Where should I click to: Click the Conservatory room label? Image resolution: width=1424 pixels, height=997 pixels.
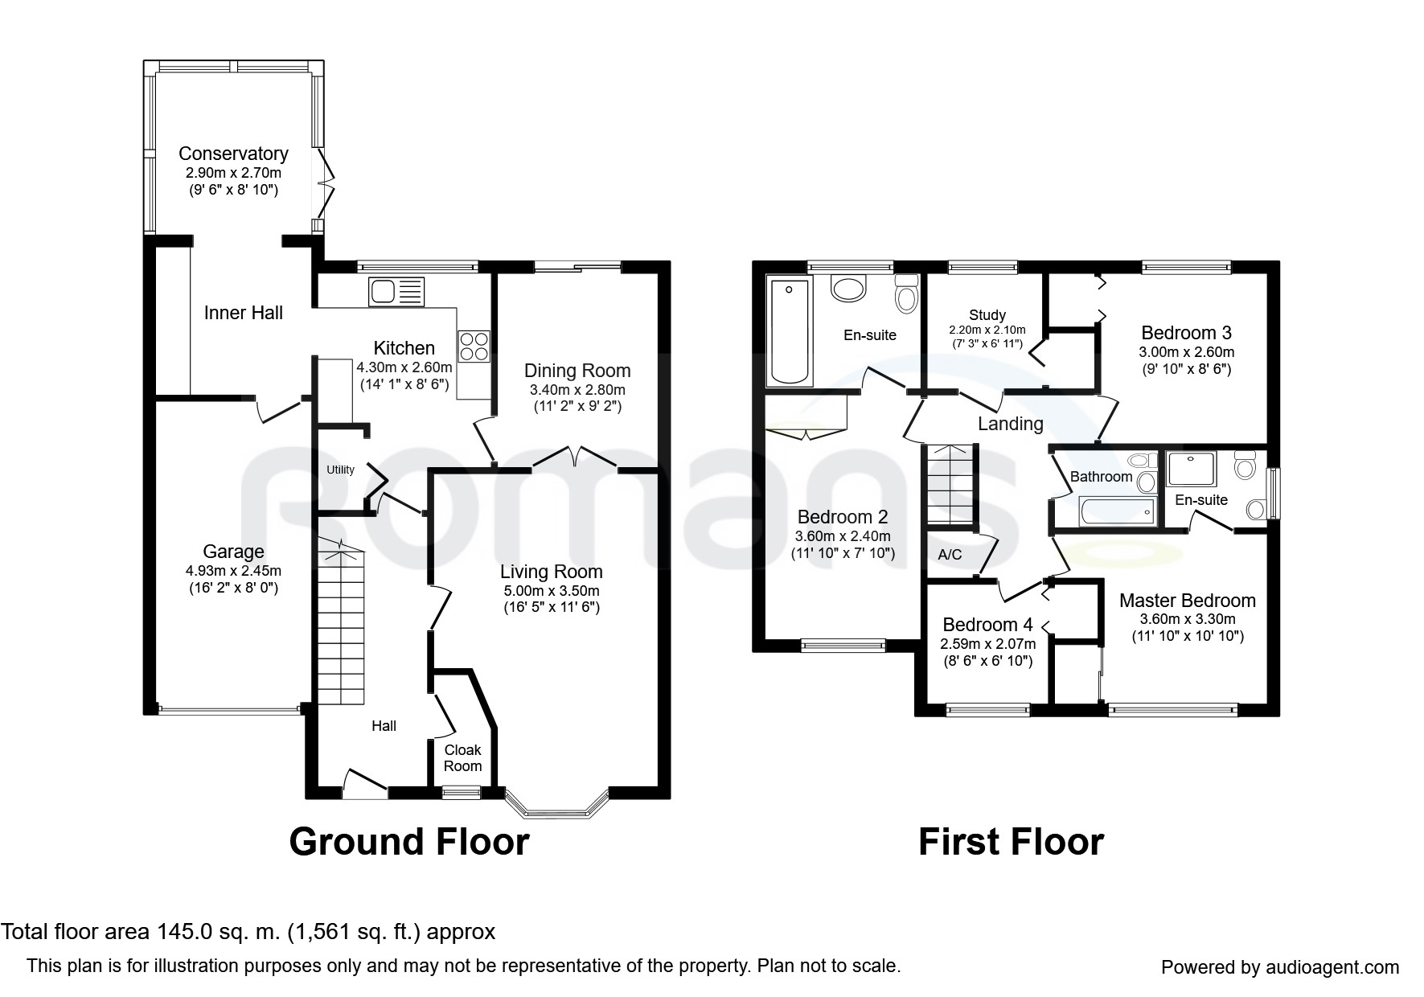233,154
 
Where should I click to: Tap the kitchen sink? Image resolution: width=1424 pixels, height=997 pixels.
396,291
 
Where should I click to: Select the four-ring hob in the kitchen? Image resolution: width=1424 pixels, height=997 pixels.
473,347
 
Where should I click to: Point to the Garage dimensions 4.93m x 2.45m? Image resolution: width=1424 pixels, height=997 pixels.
233,571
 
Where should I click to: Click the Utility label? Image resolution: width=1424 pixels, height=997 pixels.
340,470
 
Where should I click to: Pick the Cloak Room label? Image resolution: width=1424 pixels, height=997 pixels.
463,758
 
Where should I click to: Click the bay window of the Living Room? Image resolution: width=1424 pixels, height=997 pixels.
556,804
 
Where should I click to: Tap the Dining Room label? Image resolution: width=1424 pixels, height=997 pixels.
577,371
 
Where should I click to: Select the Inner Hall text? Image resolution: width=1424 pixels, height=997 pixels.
244,313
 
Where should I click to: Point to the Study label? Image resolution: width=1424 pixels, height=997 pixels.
987,315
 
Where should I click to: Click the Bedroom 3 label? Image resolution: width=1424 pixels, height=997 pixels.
1186,333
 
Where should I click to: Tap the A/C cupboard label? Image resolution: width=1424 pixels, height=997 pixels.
950,555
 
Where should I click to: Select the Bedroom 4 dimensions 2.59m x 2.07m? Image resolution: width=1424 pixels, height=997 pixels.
987,644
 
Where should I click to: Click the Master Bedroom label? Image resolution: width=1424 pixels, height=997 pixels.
1188,601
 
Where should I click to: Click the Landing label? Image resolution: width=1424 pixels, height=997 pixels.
1011,424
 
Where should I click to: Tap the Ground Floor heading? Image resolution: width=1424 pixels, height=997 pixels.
409,842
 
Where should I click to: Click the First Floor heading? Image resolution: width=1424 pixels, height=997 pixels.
1011,842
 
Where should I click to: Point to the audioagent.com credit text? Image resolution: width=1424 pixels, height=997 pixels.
1280,967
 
